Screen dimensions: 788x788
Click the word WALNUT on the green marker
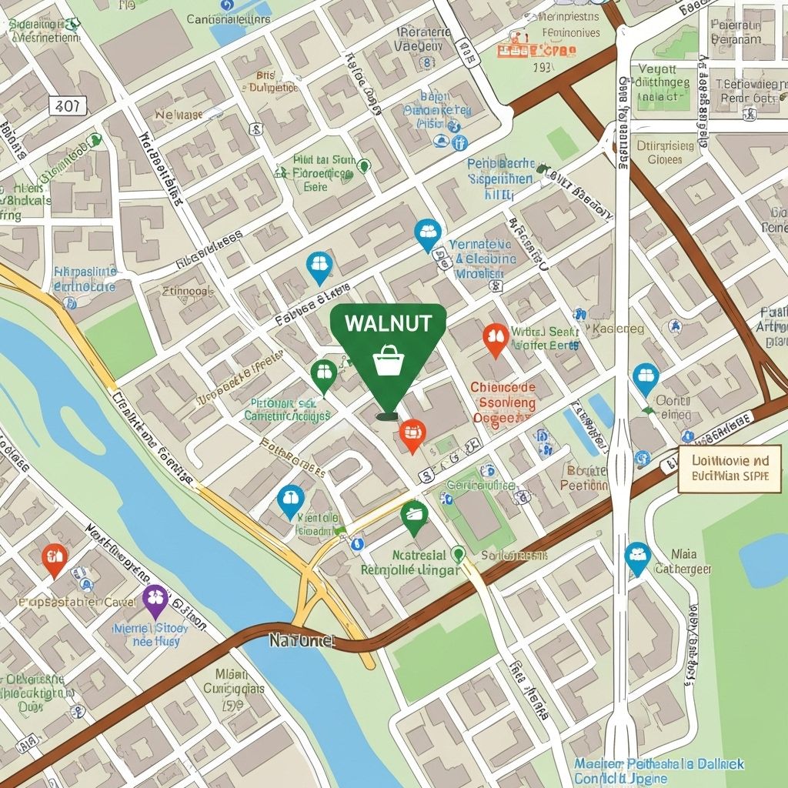click(x=388, y=323)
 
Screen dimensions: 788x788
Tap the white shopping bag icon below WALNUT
click(x=388, y=359)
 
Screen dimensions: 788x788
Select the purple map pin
click(x=155, y=599)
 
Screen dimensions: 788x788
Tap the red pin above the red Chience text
click(x=496, y=339)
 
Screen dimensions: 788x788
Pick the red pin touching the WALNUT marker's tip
click(x=412, y=434)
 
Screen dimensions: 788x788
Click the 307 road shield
click(x=67, y=105)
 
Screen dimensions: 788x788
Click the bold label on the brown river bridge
click(x=302, y=639)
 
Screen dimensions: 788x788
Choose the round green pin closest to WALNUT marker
click(x=324, y=375)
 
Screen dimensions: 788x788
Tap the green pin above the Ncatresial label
click(x=414, y=516)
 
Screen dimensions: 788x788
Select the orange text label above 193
click(x=536, y=51)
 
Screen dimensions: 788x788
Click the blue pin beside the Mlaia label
click(x=637, y=557)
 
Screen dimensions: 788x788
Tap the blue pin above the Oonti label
click(x=646, y=378)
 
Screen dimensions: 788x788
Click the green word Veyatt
click(x=656, y=69)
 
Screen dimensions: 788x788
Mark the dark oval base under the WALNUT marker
click(x=387, y=416)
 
